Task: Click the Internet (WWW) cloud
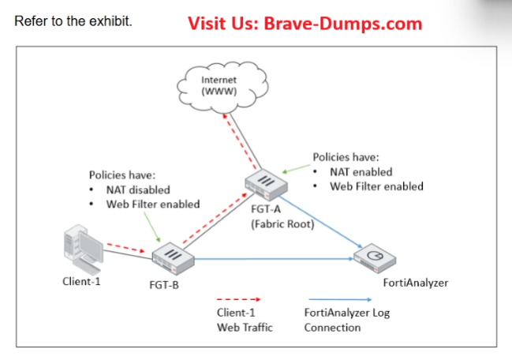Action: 219,85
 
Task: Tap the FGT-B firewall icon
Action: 174,256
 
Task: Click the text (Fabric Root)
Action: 281,223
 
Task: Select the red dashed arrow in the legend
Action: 238,300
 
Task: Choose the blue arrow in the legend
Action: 340,300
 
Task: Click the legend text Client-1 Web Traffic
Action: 245,320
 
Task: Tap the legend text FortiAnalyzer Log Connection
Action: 346,320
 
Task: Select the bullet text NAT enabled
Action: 361,171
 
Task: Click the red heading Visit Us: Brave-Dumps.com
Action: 305,23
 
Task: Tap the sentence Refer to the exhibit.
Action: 73,20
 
